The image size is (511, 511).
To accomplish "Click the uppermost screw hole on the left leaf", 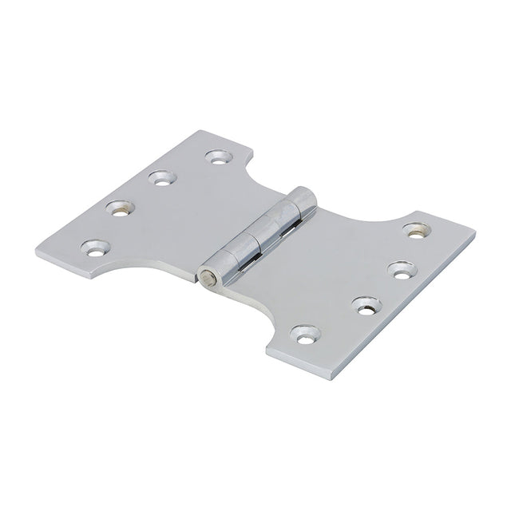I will click(x=215, y=156).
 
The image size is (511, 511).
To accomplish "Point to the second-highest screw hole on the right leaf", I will click(x=397, y=267).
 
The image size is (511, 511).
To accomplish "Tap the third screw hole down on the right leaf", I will click(x=364, y=303).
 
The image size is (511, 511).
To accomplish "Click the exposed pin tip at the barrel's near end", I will click(x=209, y=278).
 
